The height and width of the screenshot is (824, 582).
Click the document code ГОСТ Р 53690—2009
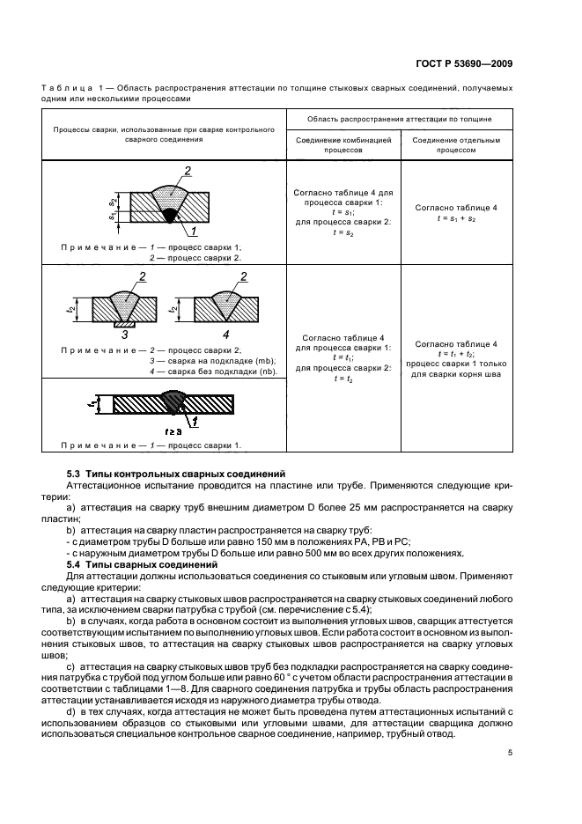click(466, 63)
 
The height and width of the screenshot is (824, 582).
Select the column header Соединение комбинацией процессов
click(343, 144)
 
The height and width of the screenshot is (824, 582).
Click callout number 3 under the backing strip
click(124, 334)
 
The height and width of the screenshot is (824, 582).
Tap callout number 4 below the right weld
click(225, 334)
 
